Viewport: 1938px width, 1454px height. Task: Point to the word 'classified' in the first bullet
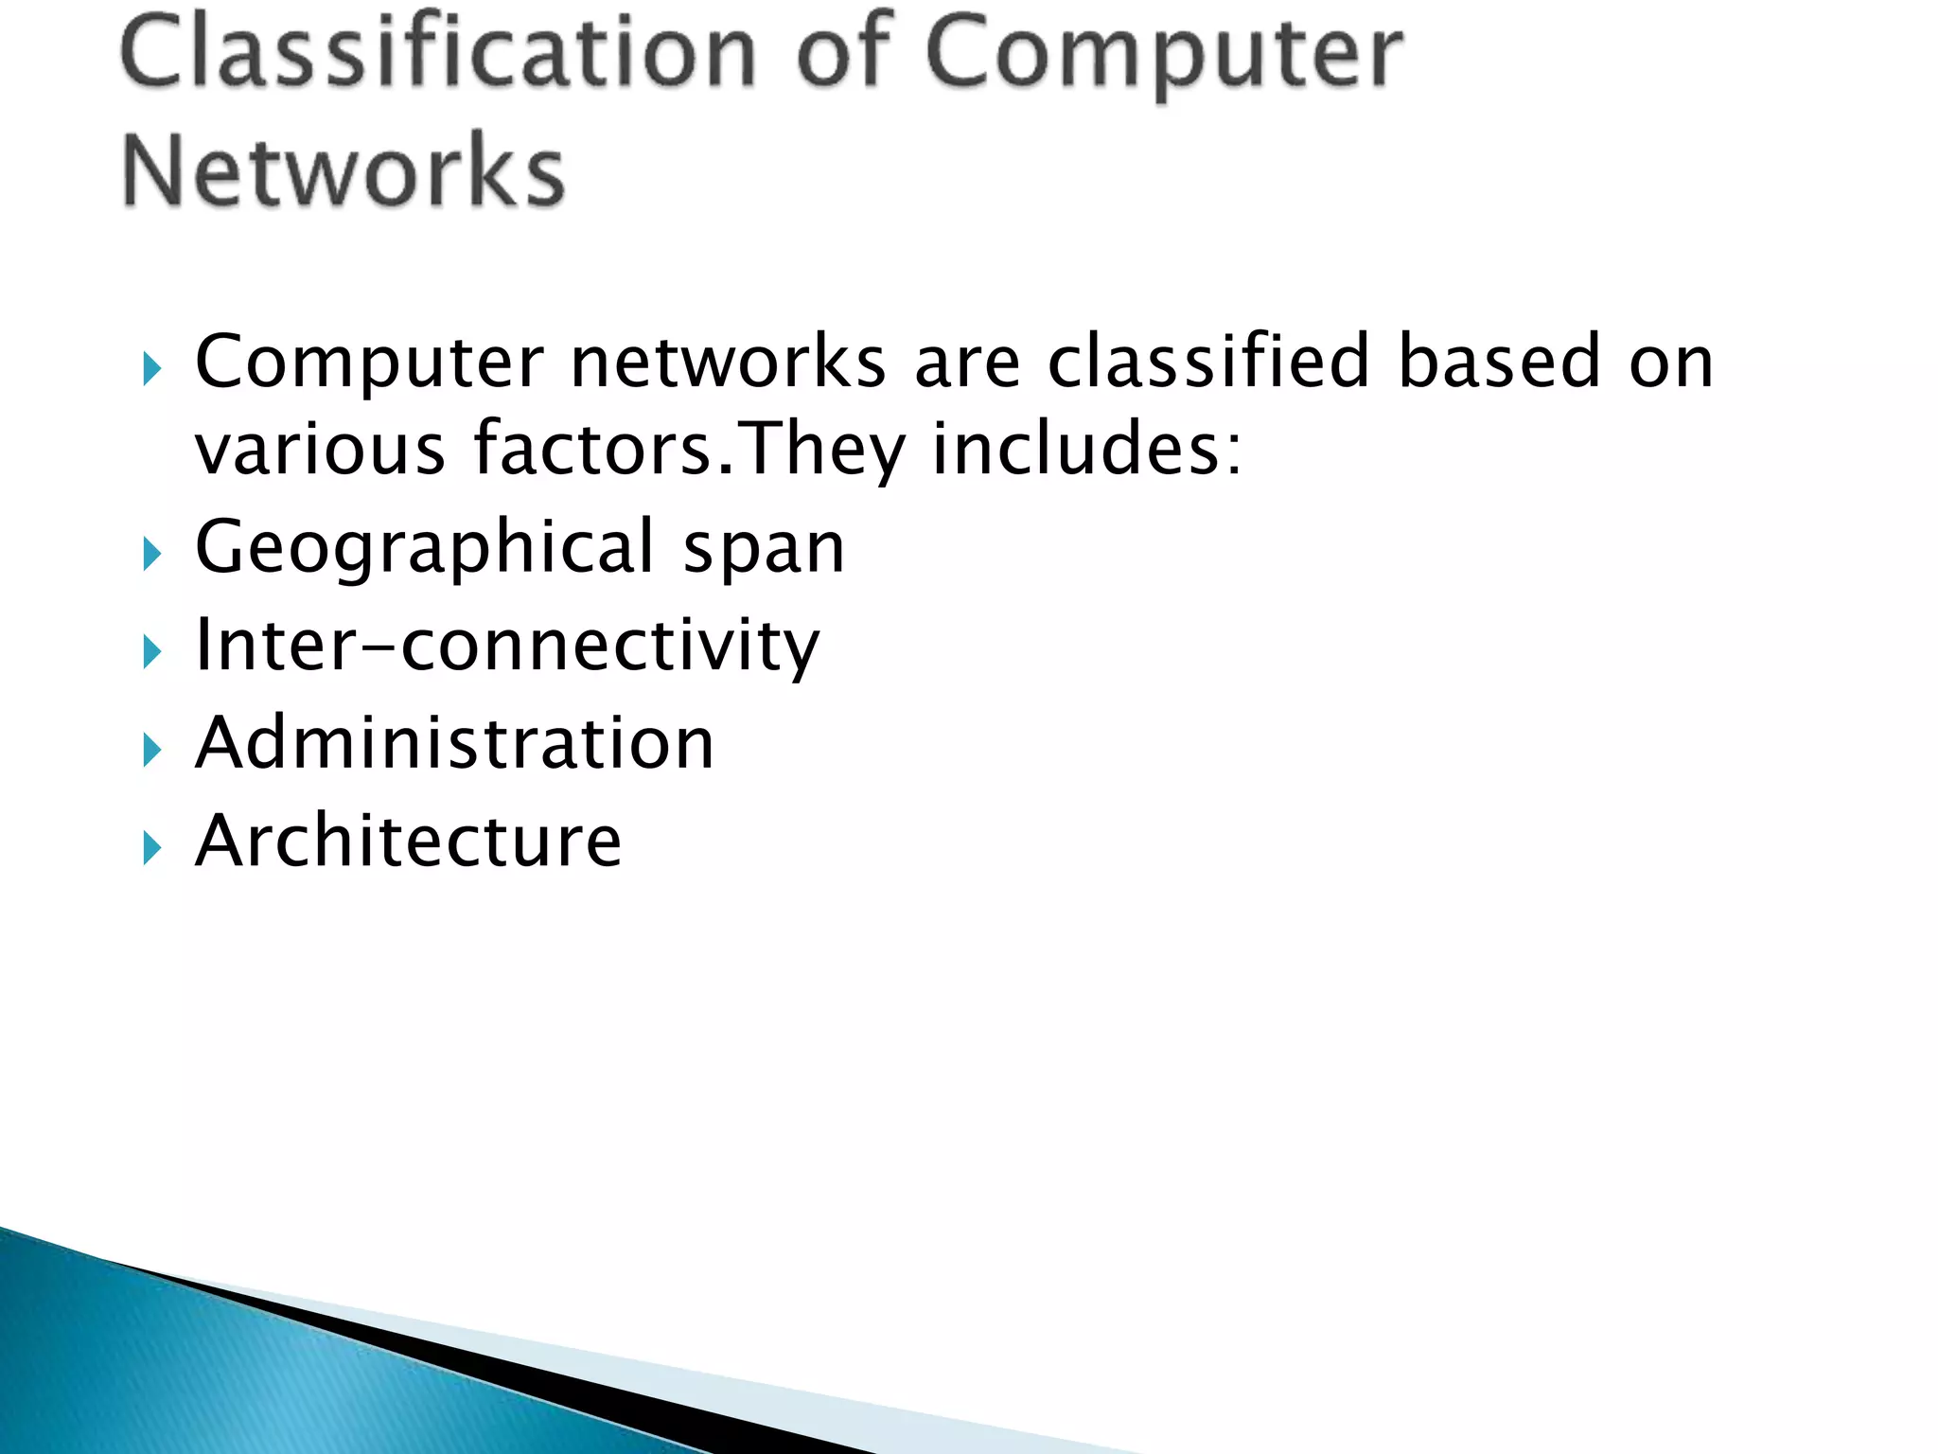tap(1208, 362)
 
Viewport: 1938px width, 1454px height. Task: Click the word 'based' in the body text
tap(1499, 362)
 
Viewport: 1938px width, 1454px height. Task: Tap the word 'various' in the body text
tap(320, 449)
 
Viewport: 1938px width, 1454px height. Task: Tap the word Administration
tap(454, 743)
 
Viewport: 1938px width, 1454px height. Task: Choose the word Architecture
tap(408, 841)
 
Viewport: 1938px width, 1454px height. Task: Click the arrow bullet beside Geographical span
tap(151, 554)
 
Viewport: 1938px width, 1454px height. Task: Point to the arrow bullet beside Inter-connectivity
tap(151, 652)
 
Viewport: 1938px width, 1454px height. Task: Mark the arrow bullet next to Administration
tap(151, 751)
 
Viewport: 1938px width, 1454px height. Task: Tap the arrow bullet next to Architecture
tap(151, 848)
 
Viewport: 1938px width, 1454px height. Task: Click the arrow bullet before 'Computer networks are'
tap(151, 368)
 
